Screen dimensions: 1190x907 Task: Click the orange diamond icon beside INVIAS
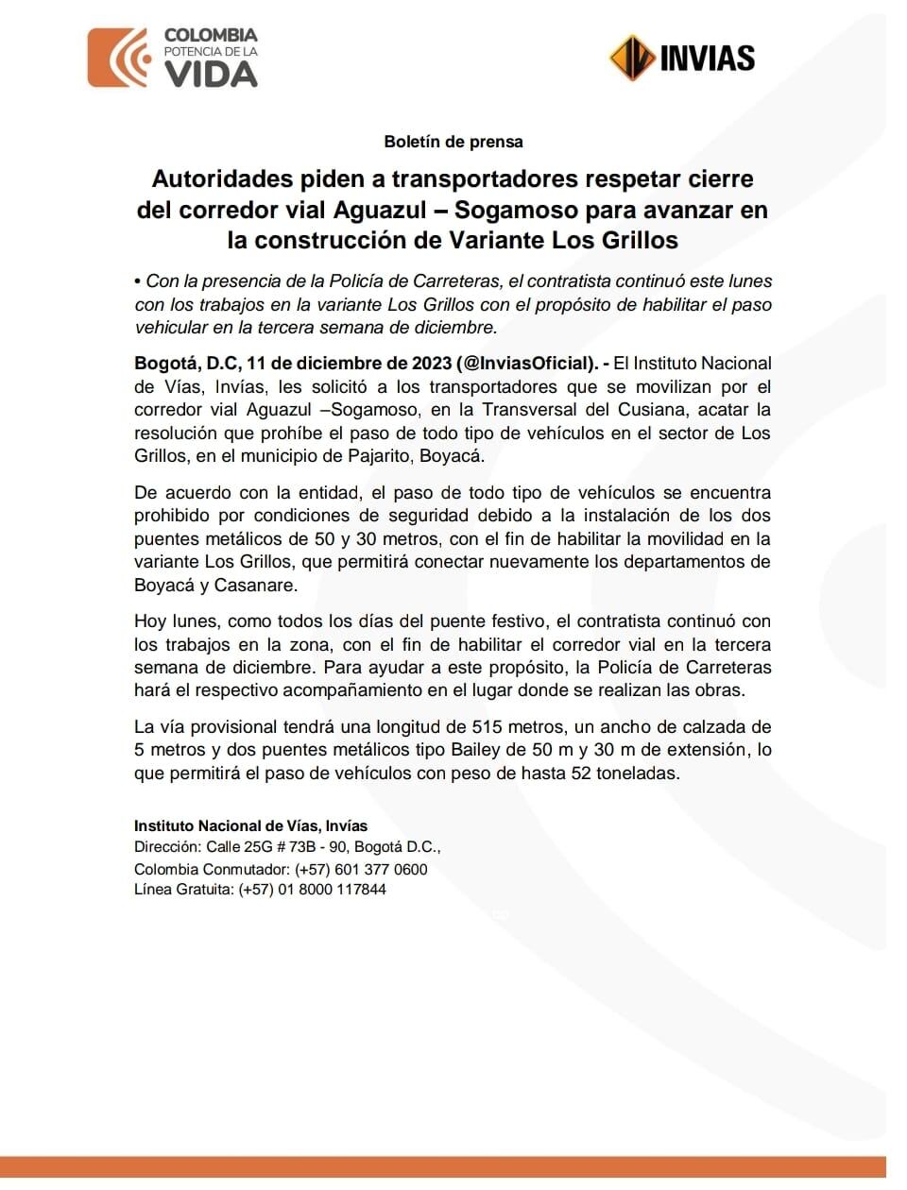click(631, 59)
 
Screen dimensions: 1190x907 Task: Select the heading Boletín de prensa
click(453, 142)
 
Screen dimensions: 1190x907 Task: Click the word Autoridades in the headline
click(222, 179)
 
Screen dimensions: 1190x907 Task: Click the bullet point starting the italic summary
click(138, 281)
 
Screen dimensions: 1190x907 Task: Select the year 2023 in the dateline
click(431, 364)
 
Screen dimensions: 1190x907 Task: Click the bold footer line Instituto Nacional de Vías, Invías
click(250, 825)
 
